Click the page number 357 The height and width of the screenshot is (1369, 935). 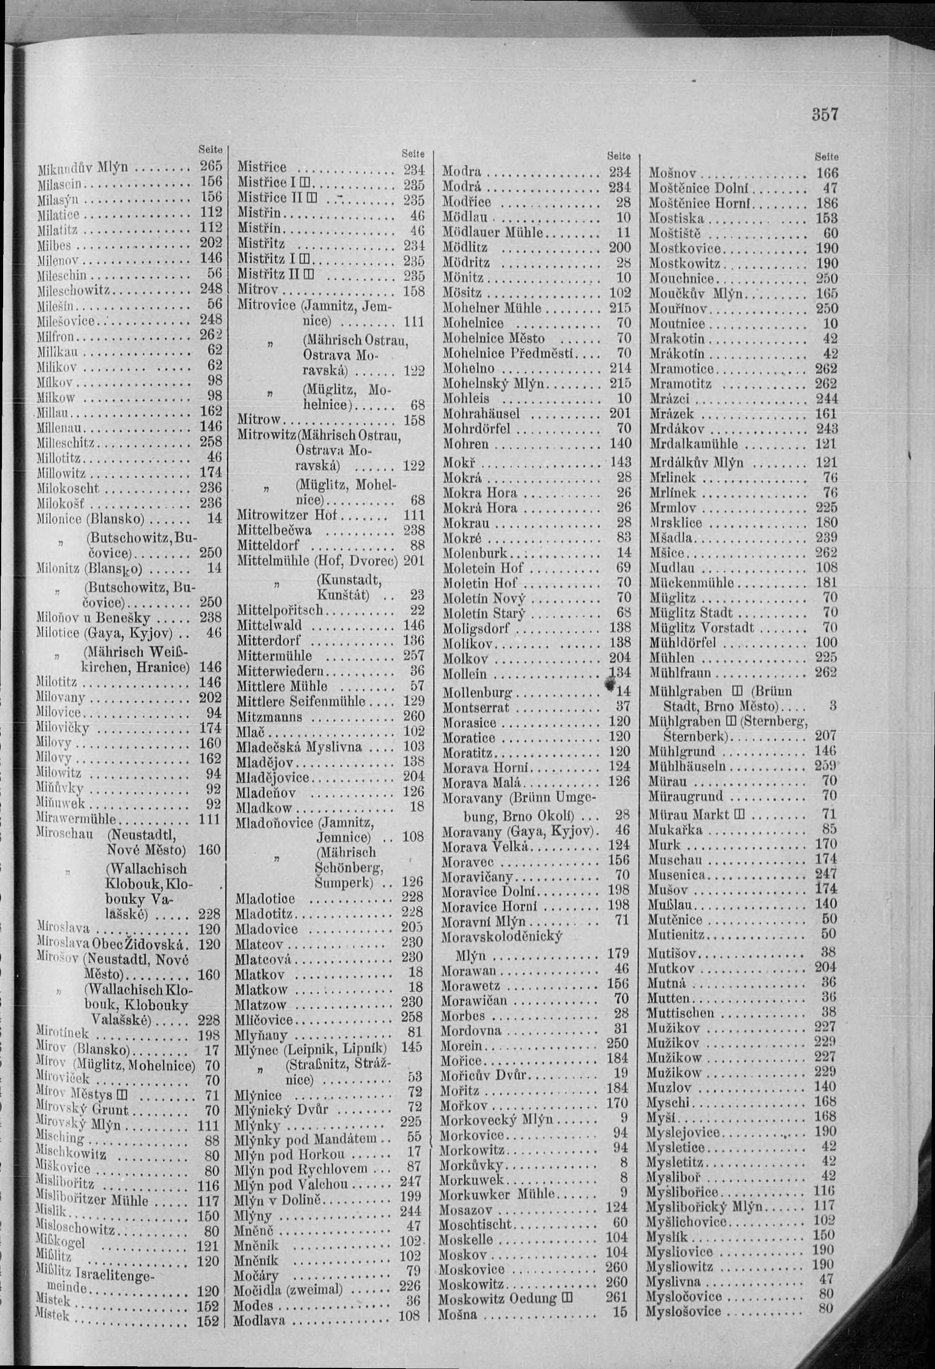825,114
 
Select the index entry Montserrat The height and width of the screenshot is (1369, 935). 476,707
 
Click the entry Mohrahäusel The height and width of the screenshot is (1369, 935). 481,413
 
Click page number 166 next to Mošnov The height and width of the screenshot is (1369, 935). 827,173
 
